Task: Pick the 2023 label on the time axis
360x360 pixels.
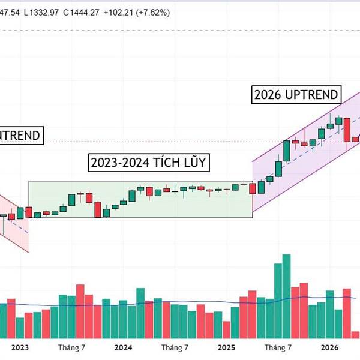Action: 20,347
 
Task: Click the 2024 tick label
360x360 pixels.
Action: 123,347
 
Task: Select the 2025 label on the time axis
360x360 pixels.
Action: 226,347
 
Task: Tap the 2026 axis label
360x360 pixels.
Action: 329,347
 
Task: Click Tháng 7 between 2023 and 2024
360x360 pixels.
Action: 72,347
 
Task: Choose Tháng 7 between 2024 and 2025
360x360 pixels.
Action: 175,347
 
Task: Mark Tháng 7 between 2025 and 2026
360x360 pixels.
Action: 278,347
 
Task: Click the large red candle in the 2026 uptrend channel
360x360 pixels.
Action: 347,130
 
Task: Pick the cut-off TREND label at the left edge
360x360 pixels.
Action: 20,136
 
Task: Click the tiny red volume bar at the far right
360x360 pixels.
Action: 356,335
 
